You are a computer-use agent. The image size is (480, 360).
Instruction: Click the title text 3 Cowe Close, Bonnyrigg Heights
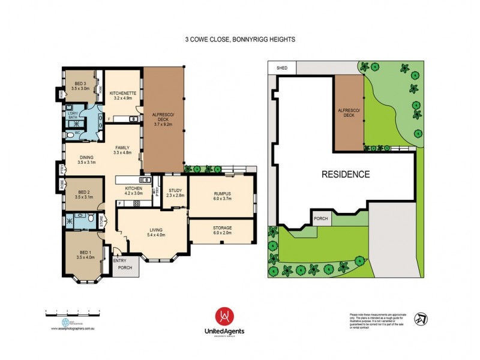click(x=240, y=39)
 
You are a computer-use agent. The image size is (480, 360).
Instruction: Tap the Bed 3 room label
click(x=82, y=86)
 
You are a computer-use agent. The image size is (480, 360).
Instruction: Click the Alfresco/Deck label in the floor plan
click(x=164, y=119)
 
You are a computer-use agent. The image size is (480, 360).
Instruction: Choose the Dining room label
click(x=86, y=160)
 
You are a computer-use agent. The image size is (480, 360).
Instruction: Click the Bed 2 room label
click(x=82, y=194)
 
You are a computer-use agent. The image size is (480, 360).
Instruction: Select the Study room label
click(x=175, y=193)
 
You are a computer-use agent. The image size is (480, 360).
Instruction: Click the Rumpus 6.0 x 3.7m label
click(x=222, y=196)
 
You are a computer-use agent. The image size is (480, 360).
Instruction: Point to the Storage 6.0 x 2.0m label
click(x=222, y=230)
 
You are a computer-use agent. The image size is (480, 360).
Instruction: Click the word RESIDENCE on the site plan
click(x=345, y=175)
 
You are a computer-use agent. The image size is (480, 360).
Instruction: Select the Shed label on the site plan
click(x=282, y=68)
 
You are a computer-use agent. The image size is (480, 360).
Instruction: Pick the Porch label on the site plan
click(x=321, y=218)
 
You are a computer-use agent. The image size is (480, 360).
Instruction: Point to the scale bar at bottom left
click(x=73, y=313)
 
